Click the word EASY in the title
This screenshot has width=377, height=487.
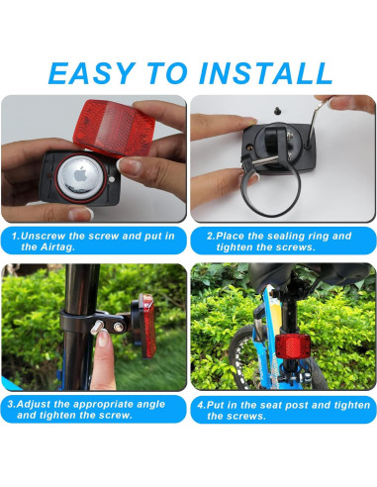pos(92,73)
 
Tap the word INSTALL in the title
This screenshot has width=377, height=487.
pos(265,73)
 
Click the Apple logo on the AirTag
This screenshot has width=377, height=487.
pos(80,175)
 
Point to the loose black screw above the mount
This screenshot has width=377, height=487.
pos(277,111)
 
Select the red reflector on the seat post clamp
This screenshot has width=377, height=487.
pos(147,326)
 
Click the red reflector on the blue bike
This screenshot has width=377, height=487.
pos(292,345)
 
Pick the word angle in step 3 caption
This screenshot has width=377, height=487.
pos(150,405)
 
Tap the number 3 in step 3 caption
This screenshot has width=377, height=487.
pos(11,404)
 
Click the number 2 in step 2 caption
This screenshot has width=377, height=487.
pos(210,237)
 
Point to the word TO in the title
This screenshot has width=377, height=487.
pos(167,73)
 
